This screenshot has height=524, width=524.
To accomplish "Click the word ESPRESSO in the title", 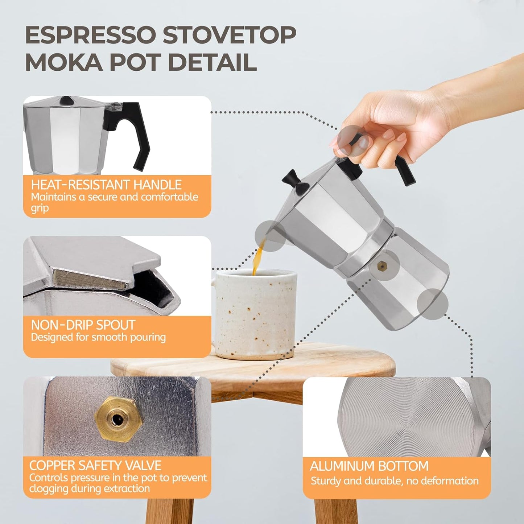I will coord(91,36).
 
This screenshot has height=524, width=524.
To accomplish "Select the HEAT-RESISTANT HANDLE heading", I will coord(106,185).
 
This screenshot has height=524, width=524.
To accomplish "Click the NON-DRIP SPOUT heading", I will coord(83,325).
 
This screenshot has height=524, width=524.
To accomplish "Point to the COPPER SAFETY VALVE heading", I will coord(95,466).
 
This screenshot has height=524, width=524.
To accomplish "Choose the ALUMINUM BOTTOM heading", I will coord(369,466).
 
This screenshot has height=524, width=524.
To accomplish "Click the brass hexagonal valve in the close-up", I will coord(118,419).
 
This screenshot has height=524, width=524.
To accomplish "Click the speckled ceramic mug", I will coord(256,315).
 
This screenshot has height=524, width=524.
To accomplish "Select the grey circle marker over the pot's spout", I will coord(270,236).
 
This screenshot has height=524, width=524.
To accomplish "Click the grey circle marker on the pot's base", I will coord(432,304).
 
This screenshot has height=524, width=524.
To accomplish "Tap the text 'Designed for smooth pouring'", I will coord(98,338).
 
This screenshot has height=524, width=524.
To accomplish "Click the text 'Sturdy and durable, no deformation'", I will coord(395,481).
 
